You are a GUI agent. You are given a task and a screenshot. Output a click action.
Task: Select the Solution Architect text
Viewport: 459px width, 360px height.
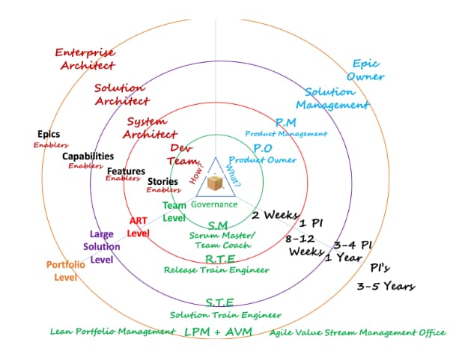pyautogui.click(x=121, y=94)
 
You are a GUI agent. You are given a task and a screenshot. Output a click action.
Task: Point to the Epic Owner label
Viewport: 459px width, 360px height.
pyautogui.click(x=367, y=70)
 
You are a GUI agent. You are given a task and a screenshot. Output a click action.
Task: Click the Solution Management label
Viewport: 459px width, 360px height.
pyautogui.click(x=332, y=98)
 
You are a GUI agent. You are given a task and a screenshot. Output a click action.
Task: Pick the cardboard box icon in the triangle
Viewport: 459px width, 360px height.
pyautogui.click(x=215, y=183)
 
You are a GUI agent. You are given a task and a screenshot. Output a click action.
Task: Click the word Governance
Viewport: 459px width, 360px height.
pyautogui.click(x=214, y=204)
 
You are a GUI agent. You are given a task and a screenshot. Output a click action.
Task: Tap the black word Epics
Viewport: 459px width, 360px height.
pyautogui.click(x=49, y=135)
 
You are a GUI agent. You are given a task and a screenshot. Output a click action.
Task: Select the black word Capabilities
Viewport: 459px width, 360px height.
pyautogui.click(x=88, y=156)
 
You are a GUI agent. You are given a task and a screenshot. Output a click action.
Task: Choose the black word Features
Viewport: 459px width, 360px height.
pyautogui.click(x=126, y=171)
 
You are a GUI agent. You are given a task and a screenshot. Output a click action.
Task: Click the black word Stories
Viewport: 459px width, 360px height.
pyautogui.click(x=162, y=181)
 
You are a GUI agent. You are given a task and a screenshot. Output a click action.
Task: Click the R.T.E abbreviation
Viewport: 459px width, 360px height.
pyautogui.click(x=221, y=259)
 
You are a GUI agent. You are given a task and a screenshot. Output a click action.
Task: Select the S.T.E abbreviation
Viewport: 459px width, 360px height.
pyautogui.click(x=219, y=302)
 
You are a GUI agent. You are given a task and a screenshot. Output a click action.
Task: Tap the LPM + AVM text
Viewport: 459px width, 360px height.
pyautogui.click(x=218, y=332)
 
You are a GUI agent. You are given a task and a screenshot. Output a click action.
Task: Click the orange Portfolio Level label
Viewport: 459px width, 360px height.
pyautogui.click(x=66, y=270)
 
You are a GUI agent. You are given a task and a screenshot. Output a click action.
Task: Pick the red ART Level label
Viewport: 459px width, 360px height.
pyautogui.click(x=139, y=226)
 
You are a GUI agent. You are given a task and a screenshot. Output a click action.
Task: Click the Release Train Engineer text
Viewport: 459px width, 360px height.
pyautogui.click(x=216, y=269)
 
